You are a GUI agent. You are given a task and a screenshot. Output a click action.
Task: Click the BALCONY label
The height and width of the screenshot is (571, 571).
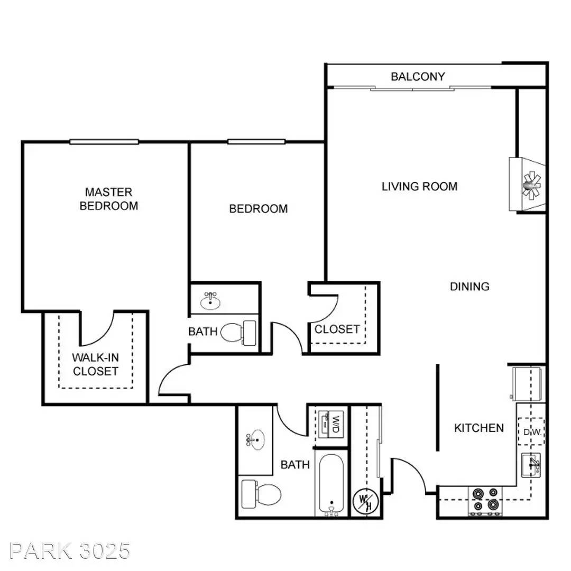click(418, 77)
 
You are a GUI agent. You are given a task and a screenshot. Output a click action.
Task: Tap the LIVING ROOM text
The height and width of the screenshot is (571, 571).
click(419, 187)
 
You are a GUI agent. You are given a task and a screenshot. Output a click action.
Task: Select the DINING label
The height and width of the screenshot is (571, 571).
click(470, 287)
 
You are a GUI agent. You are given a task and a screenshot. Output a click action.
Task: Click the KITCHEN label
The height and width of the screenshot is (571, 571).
click(479, 428)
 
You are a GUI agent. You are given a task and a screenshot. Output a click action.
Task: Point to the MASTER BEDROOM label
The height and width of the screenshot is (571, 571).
click(109, 199)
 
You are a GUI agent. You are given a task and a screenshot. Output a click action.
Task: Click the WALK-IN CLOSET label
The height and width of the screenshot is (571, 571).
click(95, 364)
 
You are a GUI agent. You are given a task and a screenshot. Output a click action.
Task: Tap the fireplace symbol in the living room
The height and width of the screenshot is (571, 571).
click(527, 185)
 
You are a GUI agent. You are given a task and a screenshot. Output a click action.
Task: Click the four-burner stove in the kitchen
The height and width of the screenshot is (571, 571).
click(485, 501)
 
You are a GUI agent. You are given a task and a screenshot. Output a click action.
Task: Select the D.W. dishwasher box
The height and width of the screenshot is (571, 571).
click(531, 431)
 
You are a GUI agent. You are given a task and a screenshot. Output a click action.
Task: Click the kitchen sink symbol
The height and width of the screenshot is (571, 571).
click(531, 465)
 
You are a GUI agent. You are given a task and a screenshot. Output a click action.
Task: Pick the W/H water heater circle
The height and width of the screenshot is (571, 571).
click(366, 502)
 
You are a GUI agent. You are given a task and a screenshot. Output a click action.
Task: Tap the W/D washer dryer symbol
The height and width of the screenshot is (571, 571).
click(330, 424)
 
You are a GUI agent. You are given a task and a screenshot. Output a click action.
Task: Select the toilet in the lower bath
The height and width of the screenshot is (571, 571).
click(261, 494)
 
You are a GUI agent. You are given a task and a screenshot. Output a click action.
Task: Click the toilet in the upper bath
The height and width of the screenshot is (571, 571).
click(238, 333)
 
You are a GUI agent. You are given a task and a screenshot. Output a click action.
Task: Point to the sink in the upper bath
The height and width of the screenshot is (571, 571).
click(210, 301)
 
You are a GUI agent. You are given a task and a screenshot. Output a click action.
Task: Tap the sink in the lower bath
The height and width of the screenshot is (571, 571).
click(255, 439)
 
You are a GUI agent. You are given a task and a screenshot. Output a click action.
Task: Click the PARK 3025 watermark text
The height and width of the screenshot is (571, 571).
click(70, 550)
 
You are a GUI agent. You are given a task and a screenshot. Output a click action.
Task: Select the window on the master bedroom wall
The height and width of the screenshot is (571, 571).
click(104, 142)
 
